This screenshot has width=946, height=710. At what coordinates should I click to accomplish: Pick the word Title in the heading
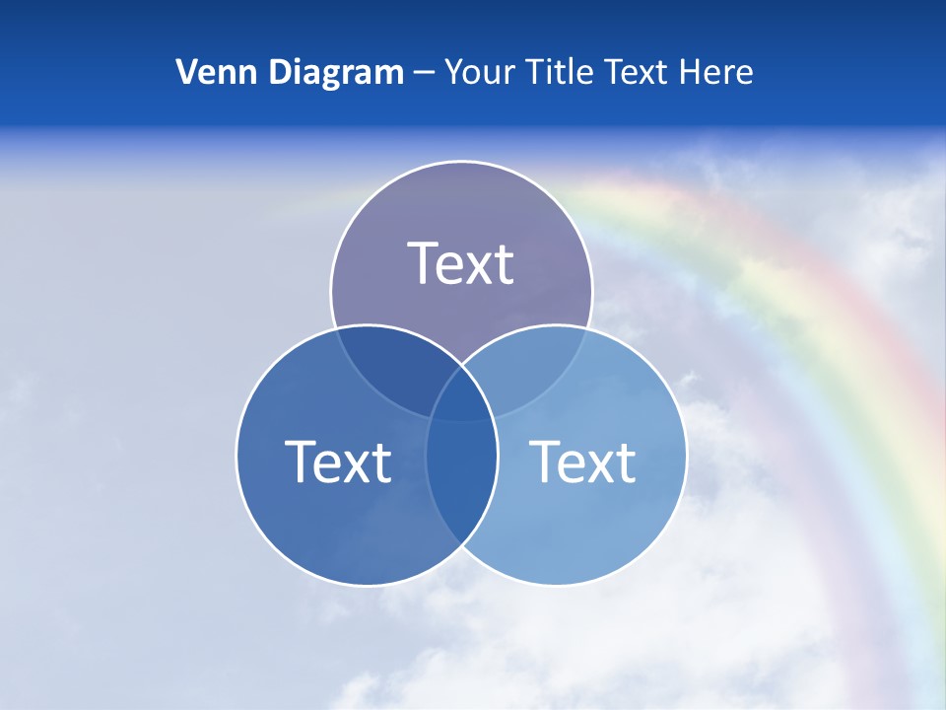[559, 72]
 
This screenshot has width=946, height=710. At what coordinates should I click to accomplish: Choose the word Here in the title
[723, 72]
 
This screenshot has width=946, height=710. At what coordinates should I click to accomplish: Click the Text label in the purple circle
[461, 263]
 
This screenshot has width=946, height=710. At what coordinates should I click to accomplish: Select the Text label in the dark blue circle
[338, 461]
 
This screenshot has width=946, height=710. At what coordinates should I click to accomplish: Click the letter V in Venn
[186, 72]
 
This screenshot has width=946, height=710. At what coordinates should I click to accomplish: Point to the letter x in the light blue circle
[591, 464]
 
